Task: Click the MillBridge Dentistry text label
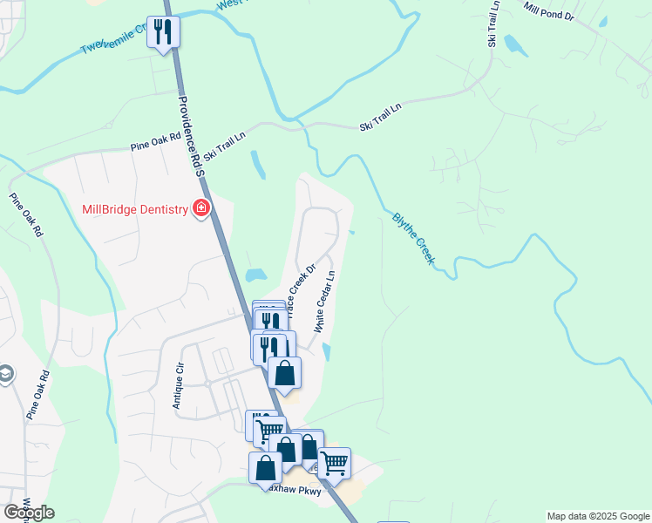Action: (x=135, y=209)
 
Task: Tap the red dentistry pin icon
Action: (x=202, y=208)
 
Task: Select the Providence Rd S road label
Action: (x=189, y=135)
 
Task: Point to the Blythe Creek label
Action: (x=414, y=239)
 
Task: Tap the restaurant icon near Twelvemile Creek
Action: (x=162, y=32)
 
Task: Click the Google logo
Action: (x=29, y=513)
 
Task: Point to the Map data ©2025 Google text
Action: (x=598, y=516)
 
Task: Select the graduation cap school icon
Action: (x=5, y=374)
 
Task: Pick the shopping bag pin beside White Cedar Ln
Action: (x=284, y=372)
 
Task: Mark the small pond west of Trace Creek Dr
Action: (x=255, y=275)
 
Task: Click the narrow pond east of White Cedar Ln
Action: (x=326, y=351)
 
